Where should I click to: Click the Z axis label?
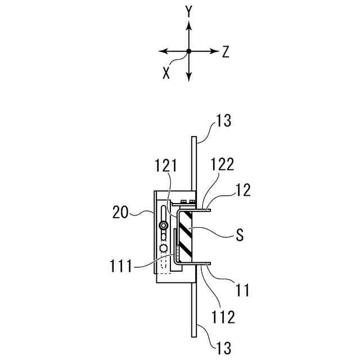tap(226, 52)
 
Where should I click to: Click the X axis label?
tap(166, 73)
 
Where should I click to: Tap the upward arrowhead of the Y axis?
tap(189, 25)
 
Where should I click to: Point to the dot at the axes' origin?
tap(189, 51)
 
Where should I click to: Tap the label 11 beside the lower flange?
tap(242, 291)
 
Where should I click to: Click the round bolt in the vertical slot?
tap(163, 226)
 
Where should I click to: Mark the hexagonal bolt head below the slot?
tap(164, 247)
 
